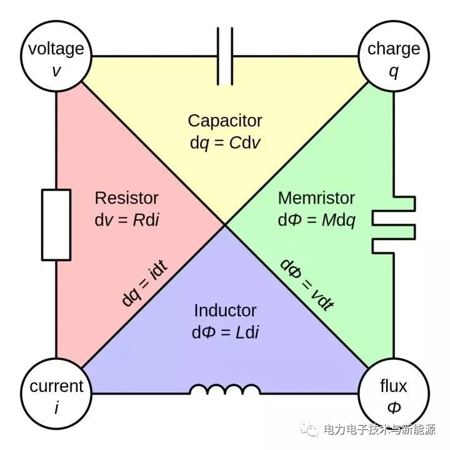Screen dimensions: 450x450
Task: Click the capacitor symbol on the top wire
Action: (x=225, y=56)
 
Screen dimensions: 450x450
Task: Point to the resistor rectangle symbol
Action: (x=56, y=225)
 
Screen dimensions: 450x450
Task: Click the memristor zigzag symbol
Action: (x=394, y=225)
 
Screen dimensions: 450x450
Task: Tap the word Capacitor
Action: (x=225, y=121)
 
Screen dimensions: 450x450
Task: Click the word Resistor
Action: (x=126, y=198)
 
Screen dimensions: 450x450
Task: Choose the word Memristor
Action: (x=316, y=198)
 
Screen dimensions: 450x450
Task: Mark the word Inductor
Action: (x=225, y=311)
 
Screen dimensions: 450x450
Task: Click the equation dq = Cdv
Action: (x=225, y=143)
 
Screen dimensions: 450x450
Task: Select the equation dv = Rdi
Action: (x=126, y=220)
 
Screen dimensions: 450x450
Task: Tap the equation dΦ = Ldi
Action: (x=225, y=332)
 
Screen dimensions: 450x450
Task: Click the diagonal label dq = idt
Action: (x=144, y=282)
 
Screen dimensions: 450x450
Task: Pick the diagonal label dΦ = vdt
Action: (x=307, y=284)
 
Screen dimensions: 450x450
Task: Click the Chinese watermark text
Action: (x=379, y=429)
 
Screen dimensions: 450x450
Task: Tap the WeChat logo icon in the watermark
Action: (x=309, y=429)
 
